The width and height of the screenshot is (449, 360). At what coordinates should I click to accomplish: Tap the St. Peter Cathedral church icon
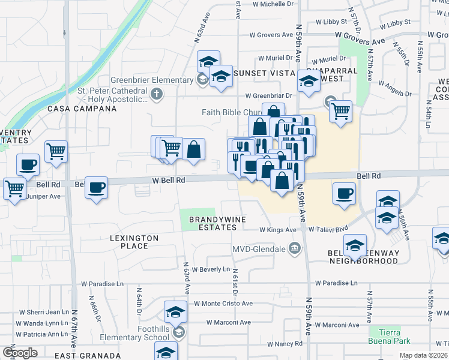(x=157, y=93)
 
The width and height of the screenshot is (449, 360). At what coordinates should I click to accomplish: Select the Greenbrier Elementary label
(x=153, y=80)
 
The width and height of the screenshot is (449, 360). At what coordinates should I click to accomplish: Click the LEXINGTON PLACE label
(x=134, y=242)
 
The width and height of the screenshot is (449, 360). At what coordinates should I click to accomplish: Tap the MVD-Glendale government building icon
(x=295, y=248)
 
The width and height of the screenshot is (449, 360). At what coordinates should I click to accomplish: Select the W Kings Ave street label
(x=278, y=230)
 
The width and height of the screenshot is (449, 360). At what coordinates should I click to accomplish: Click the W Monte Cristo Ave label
(x=223, y=304)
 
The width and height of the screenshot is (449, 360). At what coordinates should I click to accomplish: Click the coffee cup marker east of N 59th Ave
(x=343, y=194)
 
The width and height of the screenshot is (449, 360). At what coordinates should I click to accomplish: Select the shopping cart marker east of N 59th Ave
(x=340, y=110)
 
